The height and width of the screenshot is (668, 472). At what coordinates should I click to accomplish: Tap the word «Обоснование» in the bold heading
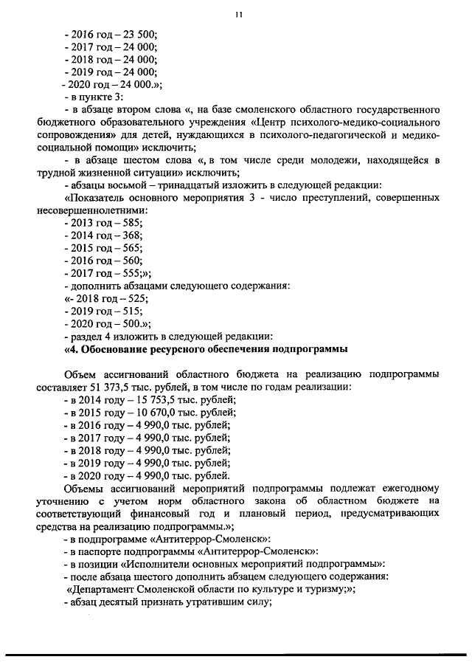[x=120, y=348]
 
